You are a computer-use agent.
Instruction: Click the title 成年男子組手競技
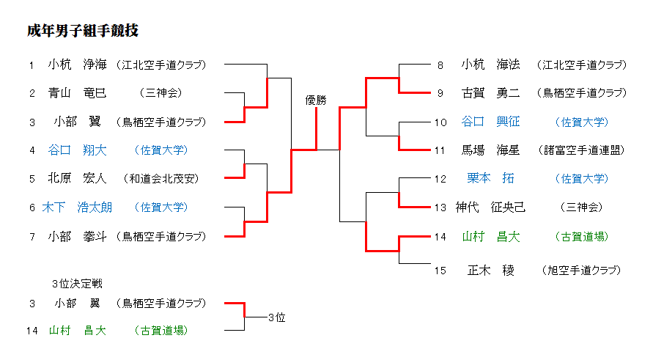click(83, 31)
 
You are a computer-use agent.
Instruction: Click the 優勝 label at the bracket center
click(317, 100)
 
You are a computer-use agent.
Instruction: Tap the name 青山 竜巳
click(77, 93)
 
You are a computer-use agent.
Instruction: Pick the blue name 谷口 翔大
click(77, 150)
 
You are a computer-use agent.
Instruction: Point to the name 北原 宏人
click(77, 178)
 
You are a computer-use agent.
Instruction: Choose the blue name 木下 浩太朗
click(77, 207)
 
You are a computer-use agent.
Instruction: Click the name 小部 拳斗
click(77, 236)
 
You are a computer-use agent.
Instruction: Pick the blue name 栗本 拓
click(490, 178)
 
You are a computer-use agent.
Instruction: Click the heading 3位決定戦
click(77, 283)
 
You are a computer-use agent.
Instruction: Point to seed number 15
click(440, 271)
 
